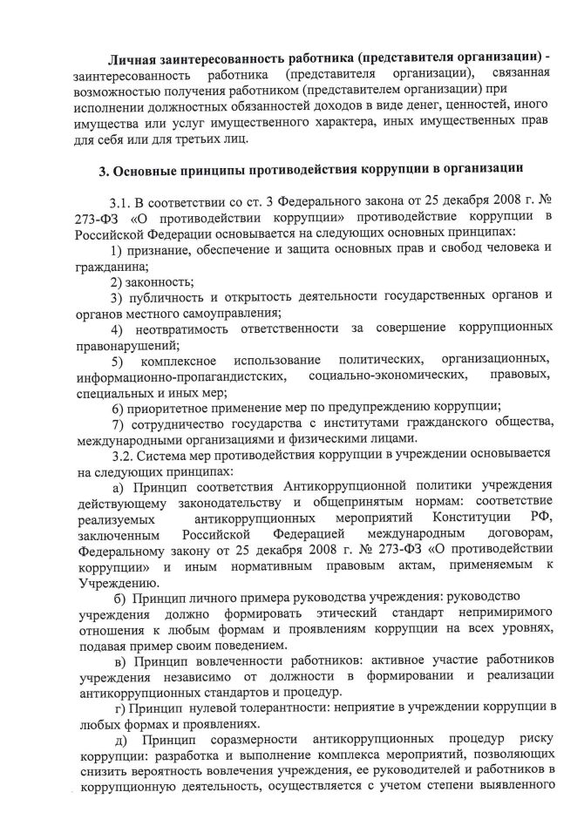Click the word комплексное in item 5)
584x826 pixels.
pos(175,360)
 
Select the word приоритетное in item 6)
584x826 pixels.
pos(174,407)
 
